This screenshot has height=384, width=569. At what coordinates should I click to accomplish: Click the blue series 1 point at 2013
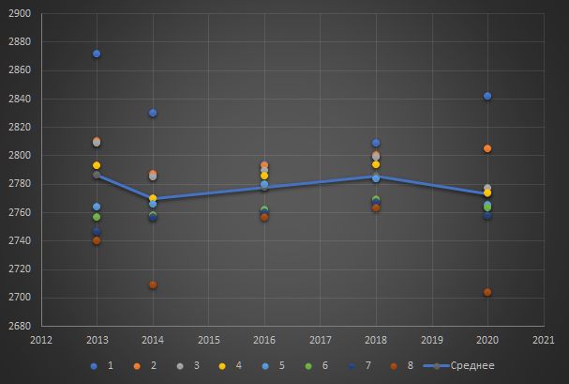[97, 54]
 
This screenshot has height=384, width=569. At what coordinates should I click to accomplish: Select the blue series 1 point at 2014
[153, 113]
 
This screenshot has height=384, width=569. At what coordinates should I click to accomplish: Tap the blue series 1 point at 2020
[487, 96]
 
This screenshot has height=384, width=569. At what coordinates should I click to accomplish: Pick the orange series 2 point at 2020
[487, 148]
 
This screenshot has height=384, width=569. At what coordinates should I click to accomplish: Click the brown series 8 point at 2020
[487, 292]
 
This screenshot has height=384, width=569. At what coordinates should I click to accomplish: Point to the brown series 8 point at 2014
[153, 284]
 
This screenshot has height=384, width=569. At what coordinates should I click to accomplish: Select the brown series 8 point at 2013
[97, 240]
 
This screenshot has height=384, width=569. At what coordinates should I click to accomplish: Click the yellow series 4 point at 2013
[97, 165]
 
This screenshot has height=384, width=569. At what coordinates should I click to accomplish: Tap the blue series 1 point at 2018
[376, 143]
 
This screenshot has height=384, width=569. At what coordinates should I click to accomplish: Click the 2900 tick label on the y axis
[20, 14]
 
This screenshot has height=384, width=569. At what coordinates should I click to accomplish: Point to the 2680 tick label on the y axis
[20, 326]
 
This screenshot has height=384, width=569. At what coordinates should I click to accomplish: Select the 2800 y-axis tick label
[20, 156]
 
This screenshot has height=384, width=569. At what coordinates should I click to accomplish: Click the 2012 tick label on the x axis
[41, 339]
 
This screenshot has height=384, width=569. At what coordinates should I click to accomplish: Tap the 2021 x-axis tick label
[544, 339]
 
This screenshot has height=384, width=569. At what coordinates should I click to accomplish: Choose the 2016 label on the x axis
[264, 339]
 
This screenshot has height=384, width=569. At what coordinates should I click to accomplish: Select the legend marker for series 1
[92, 365]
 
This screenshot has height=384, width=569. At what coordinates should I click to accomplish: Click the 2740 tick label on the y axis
[20, 241]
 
